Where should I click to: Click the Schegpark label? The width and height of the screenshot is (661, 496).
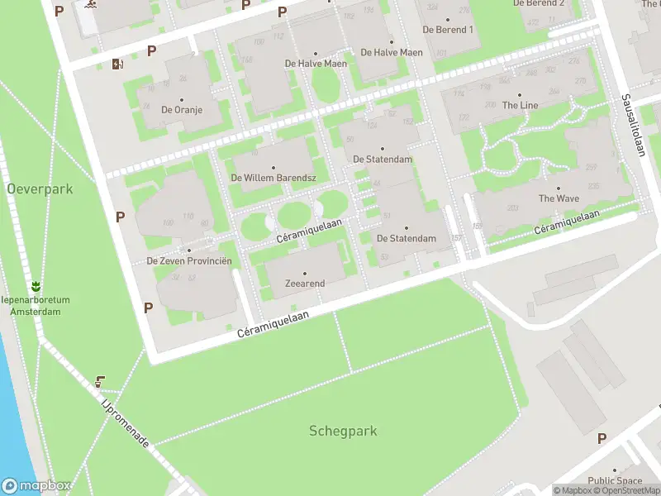point(343,431)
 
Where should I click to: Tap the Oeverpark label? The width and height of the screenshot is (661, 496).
point(40,189)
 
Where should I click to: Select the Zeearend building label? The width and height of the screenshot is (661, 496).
point(305,284)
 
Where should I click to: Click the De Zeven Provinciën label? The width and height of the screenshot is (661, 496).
point(189,260)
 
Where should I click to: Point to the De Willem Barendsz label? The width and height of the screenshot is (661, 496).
point(273,178)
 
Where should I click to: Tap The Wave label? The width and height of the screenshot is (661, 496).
point(559,198)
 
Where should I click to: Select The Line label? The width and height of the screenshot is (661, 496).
point(520,105)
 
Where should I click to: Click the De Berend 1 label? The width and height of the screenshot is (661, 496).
point(448,29)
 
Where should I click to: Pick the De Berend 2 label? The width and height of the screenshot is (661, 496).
point(539,3)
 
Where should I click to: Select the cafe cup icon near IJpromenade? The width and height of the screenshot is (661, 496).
point(100,382)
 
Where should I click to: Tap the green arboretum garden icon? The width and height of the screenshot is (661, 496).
point(36,286)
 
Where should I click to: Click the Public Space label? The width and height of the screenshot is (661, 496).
point(615,481)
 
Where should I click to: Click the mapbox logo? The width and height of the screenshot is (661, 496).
point(36,486)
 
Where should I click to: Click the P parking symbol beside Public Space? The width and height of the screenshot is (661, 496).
point(602,438)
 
